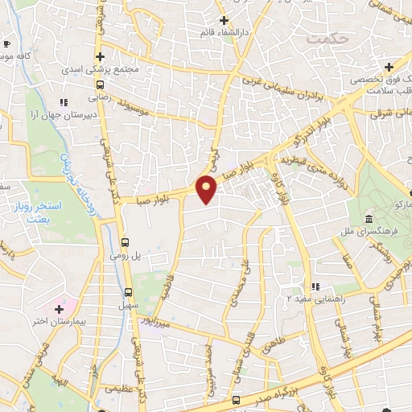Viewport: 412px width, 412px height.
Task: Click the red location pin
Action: [x=207, y=189]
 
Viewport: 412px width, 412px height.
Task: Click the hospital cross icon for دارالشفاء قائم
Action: [x=224, y=20]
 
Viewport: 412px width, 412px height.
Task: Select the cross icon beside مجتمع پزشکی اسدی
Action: [x=100, y=56]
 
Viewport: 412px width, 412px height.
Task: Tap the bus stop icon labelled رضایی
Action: [x=100, y=83]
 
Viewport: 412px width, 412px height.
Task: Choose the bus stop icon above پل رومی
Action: [x=125, y=241]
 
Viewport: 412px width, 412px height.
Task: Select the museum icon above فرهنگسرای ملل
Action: [x=369, y=220]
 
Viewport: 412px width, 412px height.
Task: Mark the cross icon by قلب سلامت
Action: [x=389, y=66]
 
